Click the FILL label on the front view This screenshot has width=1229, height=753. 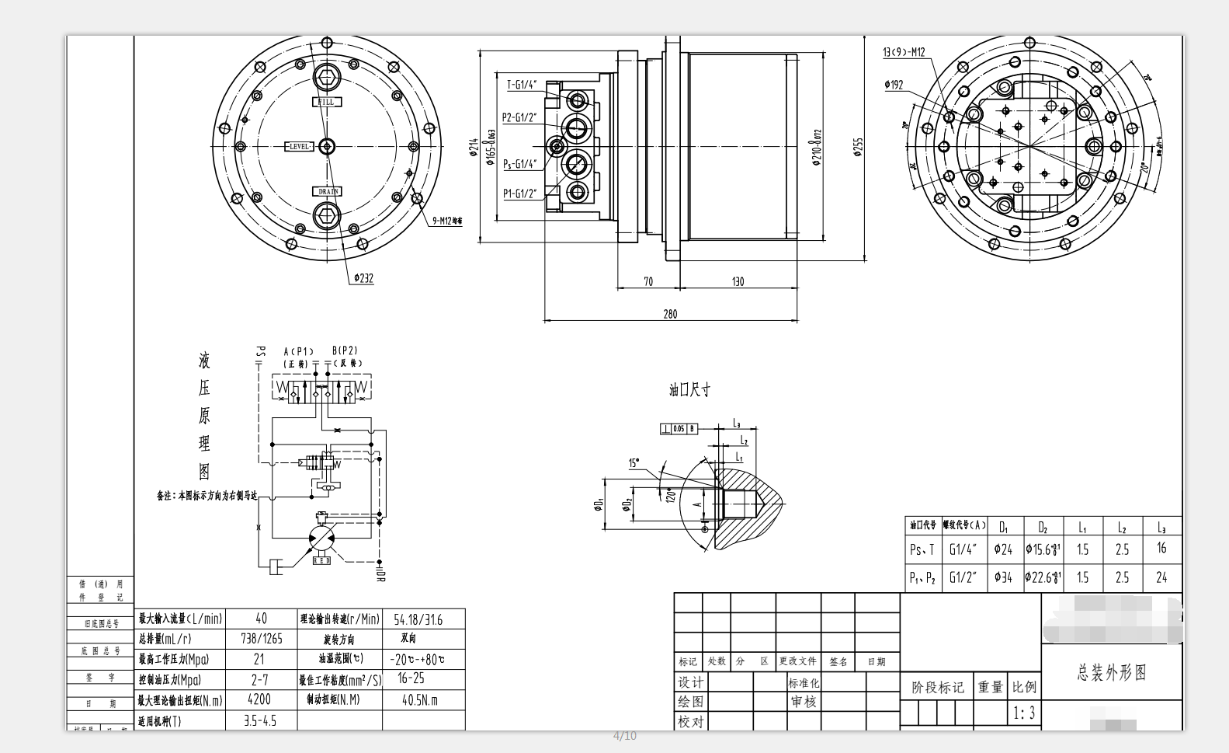pos(327,102)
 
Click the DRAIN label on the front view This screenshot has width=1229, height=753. pos(327,191)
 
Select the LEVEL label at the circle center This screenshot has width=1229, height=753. pos(300,146)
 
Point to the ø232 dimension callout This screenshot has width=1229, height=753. pos(363,277)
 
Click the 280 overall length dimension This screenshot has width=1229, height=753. pos(670,314)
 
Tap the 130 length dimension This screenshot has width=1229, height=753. pos(738,281)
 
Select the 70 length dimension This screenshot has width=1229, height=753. pos(648,281)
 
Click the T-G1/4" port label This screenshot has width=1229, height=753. pos(522,85)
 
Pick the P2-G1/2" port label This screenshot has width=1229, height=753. pos(519,117)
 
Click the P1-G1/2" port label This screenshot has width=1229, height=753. pos(519,193)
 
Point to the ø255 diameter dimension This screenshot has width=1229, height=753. pos(858,147)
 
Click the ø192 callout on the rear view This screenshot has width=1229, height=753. pos(894,85)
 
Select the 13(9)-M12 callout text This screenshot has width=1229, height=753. pos(904,52)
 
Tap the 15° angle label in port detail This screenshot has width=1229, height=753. pos(634,463)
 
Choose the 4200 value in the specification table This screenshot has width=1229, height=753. pos(259,699)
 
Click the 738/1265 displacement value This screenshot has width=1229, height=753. pos(260,639)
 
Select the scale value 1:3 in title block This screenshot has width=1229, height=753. pos(1024,713)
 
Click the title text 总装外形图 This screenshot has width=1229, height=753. pos(1111,673)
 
